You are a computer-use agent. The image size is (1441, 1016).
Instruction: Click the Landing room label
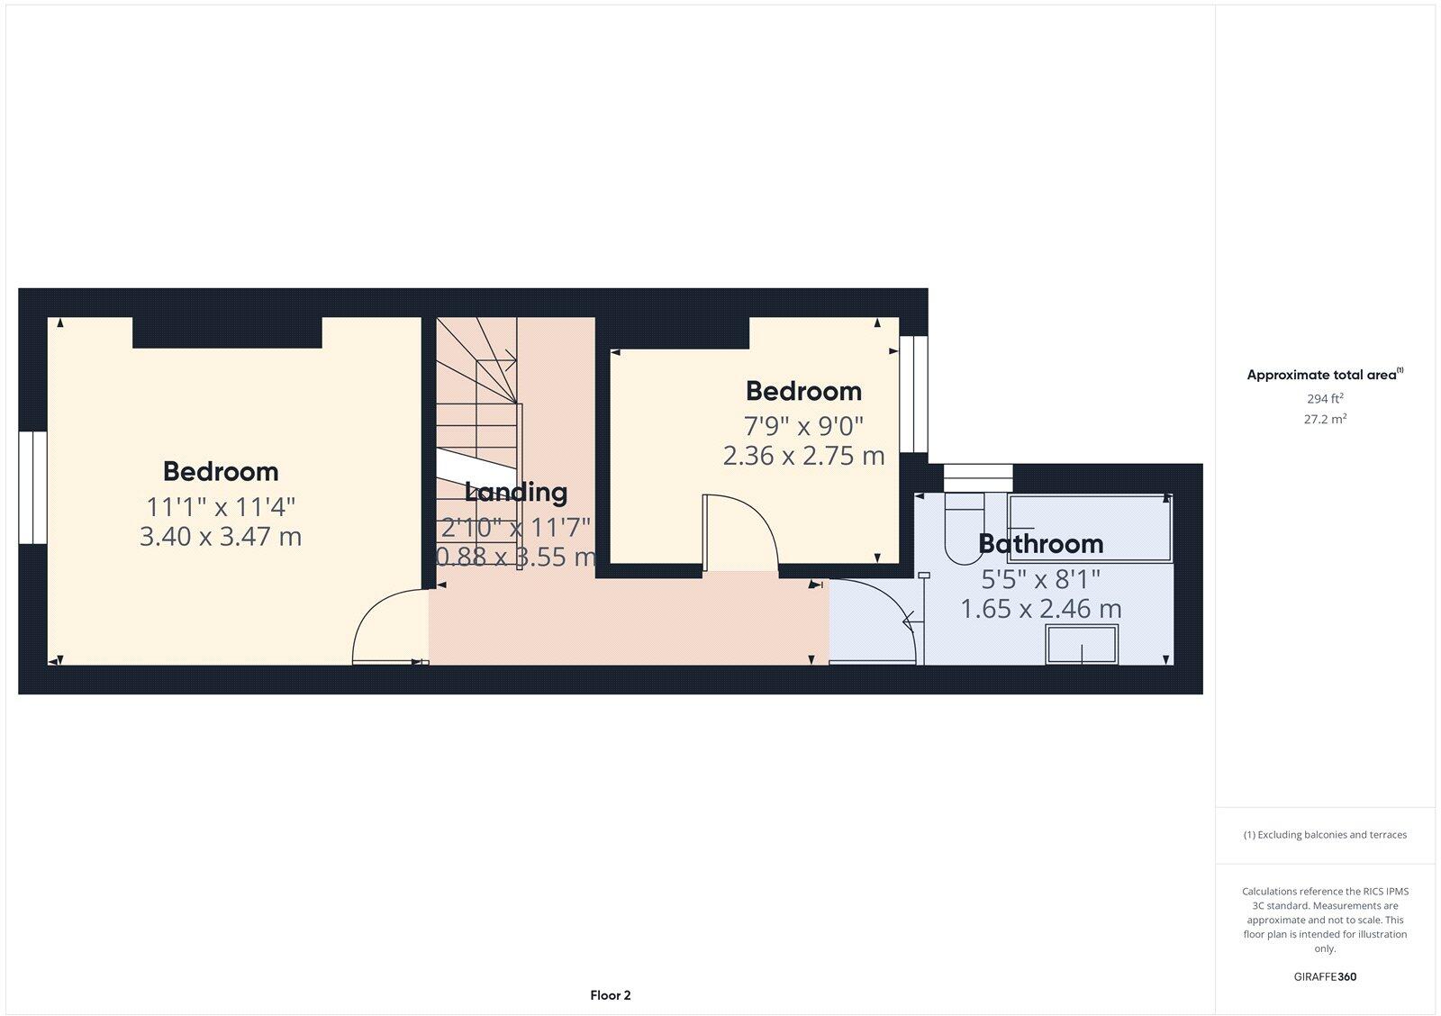(516, 492)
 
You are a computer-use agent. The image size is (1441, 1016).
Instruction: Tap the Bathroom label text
(1040, 543)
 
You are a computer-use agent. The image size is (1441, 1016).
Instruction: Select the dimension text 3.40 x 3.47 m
(221, 537)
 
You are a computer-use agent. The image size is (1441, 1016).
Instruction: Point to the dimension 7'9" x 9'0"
(803, 424)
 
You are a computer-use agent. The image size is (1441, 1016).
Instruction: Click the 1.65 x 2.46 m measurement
(1040, 609)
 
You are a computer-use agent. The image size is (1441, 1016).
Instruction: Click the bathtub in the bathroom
(1090, 527)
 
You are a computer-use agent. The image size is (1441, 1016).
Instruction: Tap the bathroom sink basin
(1081, 645)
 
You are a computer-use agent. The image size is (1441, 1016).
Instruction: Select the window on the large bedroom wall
(32, 487)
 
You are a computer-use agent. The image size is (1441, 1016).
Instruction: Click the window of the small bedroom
(914, 394)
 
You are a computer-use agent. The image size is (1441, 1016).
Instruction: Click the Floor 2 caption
(611, 995)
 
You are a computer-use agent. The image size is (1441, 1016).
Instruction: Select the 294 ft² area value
(1325, 398)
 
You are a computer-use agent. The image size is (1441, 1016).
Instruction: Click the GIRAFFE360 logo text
(1326, 976)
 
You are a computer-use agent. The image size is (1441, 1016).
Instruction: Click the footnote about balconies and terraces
(1325, 835)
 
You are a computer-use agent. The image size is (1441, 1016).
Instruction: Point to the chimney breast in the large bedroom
(227, 332)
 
